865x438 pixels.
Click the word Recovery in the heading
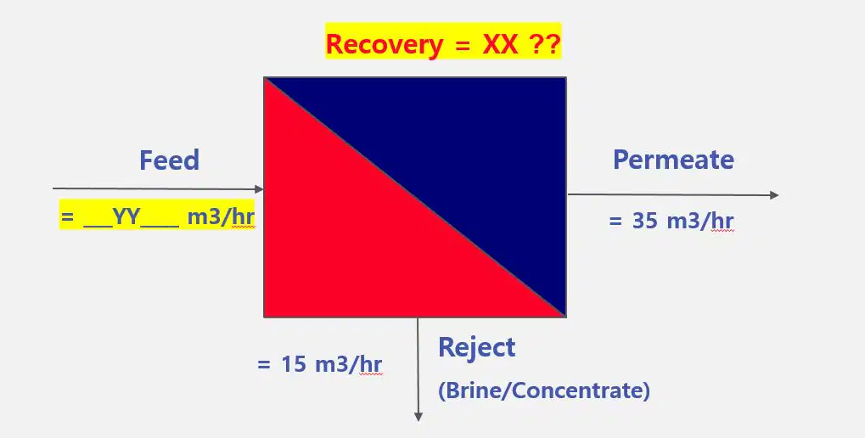(x=385, y=45)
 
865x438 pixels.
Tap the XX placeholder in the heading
(x=500, y=44)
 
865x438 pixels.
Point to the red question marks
(x=545, y=44)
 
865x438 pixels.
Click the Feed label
(x=169, y=160)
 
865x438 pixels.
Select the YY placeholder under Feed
(x=126, y=217)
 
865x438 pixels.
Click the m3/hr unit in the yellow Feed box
(x=221, y=217)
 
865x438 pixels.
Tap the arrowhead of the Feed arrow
(x=259, y=189)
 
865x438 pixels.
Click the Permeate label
(x=673, y=160)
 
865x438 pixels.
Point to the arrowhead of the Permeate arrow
(x=773, y=194)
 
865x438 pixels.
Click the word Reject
(x=476, y=348)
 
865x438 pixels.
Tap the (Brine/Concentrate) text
(x=544, y=390)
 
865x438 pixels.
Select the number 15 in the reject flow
(x=293, y=365)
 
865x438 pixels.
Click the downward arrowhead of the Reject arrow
(x=418, y=416)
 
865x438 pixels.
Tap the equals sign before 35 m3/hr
(x=615, y=222)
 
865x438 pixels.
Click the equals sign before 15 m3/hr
(x=264, y=365)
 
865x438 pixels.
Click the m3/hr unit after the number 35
(x=700, y=221)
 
